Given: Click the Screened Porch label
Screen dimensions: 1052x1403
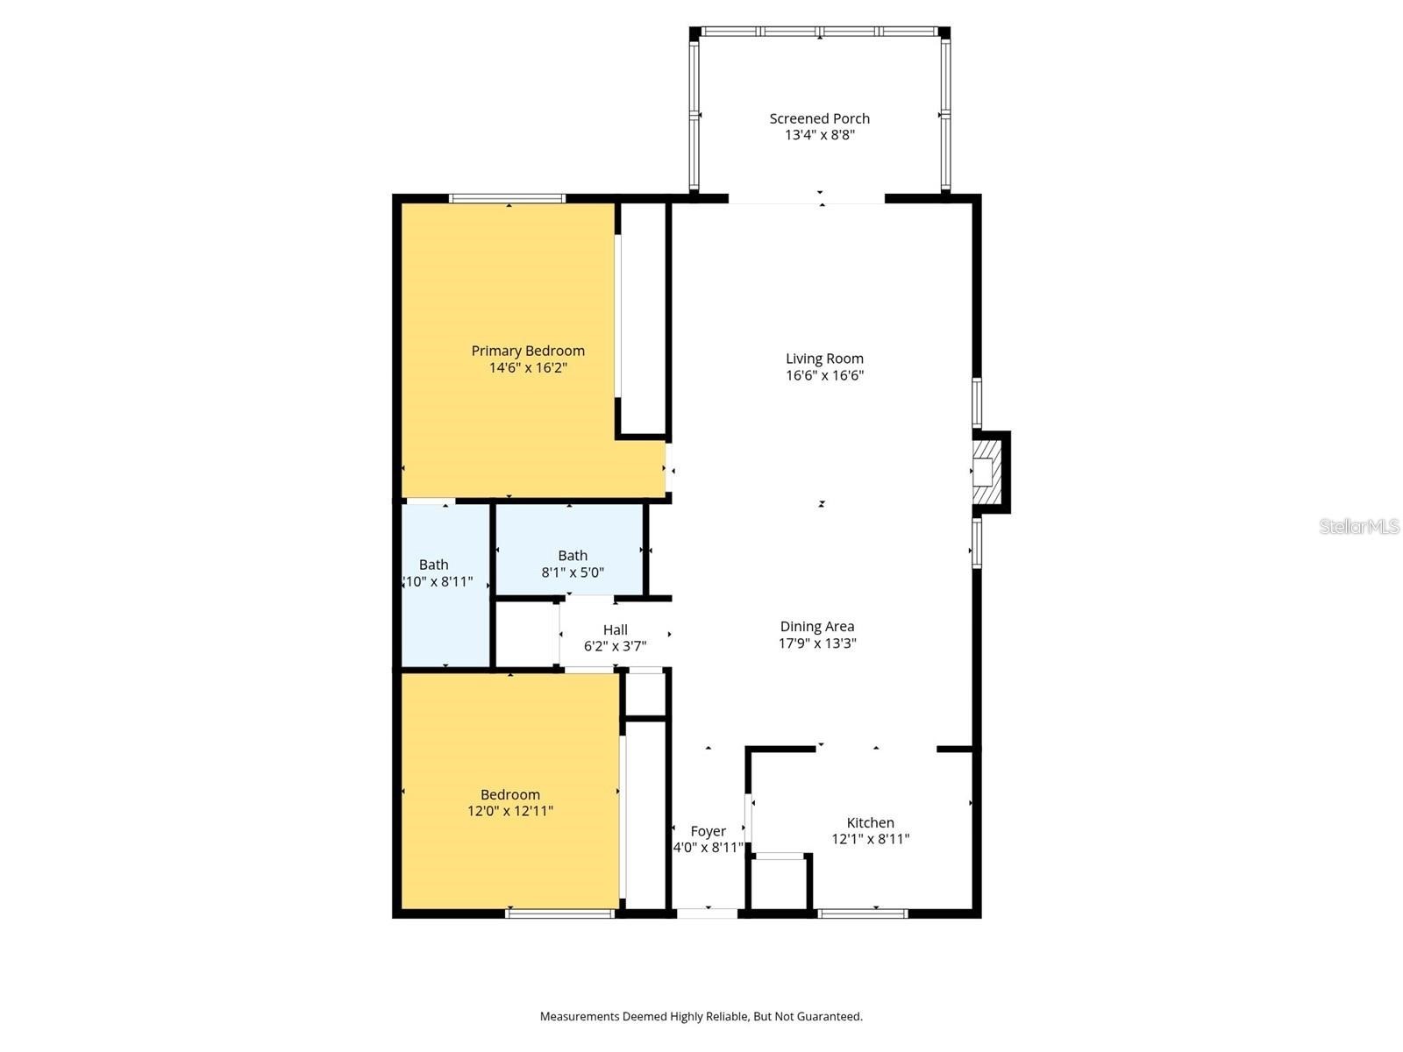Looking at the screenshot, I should [x=819, y=118].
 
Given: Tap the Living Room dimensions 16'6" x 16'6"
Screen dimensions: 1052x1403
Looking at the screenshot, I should [x=824, y=375].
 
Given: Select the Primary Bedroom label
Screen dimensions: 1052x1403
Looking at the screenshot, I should [x=528, y=351].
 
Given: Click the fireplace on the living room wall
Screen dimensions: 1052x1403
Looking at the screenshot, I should [x=988, y=473].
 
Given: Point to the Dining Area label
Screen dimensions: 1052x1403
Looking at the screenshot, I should [x=816, y=626].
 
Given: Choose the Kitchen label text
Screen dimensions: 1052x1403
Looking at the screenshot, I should [x=870, y=822].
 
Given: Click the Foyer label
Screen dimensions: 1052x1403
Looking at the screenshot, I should [x=708, y=831].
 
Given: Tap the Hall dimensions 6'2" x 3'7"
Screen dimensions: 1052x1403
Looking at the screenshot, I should [x=615, y=646].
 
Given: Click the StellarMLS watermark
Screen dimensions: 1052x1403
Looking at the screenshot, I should [x=1358, y=526].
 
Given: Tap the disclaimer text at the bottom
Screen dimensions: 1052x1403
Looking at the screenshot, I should [x=701, y=1016].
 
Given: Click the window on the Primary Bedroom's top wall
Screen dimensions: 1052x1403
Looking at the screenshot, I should [x=507, y=198].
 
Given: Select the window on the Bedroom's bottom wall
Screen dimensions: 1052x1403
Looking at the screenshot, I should [x=559, y=913].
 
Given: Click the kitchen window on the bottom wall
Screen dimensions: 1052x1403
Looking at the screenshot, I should [x=863, y=913].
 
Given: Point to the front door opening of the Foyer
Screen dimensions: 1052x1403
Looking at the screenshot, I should [x=708, y=913].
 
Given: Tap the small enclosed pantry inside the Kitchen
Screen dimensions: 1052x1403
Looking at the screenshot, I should [x=780, y=884].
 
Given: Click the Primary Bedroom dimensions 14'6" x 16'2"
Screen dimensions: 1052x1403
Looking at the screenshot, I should [x=528, y=367].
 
